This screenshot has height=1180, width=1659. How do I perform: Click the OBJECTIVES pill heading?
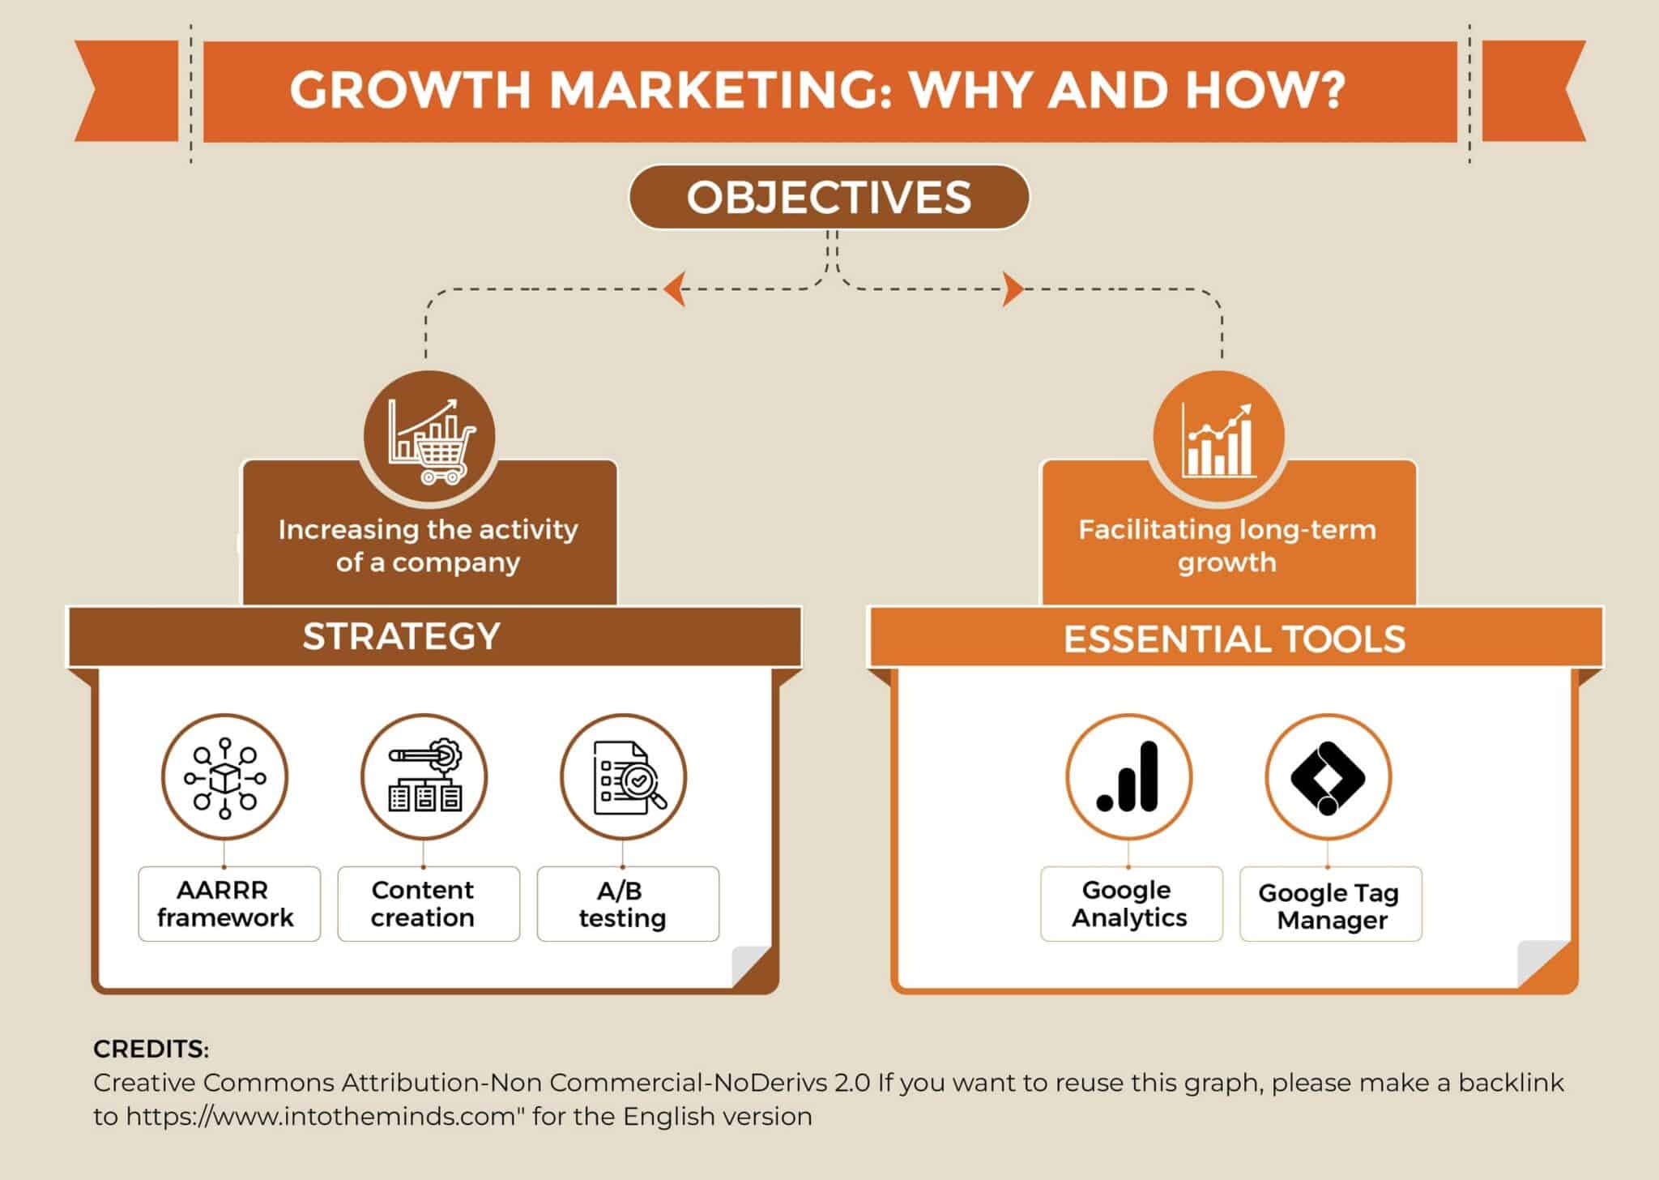829,198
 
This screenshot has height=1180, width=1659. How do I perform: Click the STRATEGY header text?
401,636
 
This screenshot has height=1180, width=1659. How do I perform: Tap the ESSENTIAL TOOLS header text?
1234,639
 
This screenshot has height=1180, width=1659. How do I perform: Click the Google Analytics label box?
1131,904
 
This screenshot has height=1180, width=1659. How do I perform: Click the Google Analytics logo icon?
1128,777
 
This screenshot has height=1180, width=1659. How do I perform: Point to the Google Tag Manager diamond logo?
1328,777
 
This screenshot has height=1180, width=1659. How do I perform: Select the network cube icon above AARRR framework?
224,777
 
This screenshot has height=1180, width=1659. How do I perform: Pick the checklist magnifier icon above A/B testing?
624,777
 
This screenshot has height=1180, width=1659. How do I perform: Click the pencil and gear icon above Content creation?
424,777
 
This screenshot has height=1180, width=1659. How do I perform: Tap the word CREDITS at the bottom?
151,1049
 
